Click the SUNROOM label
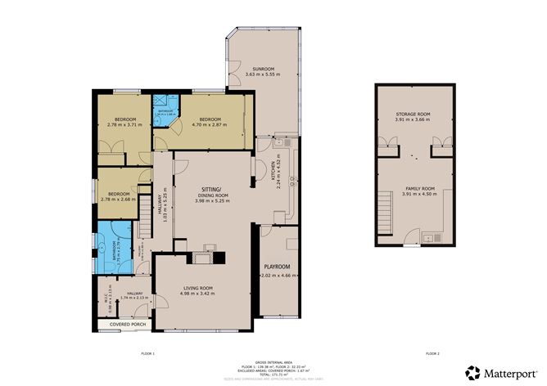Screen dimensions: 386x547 [x=262, y=69]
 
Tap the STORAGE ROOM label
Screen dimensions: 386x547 [x=413, y=114]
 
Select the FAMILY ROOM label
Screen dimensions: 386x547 [x=418, y=188]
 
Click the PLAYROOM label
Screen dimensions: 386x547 [x=277, y=267]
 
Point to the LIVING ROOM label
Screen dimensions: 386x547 [x=196, y=287]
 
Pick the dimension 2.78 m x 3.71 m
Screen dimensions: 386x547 [x=124, y=125]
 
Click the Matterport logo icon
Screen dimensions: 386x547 [x=472, y=371]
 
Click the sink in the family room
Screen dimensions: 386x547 [x=427, y=238]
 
